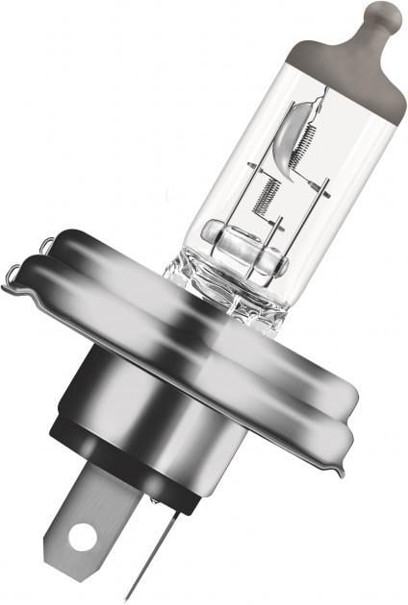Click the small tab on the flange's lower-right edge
(337, 468)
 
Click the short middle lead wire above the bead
(274, 230)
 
